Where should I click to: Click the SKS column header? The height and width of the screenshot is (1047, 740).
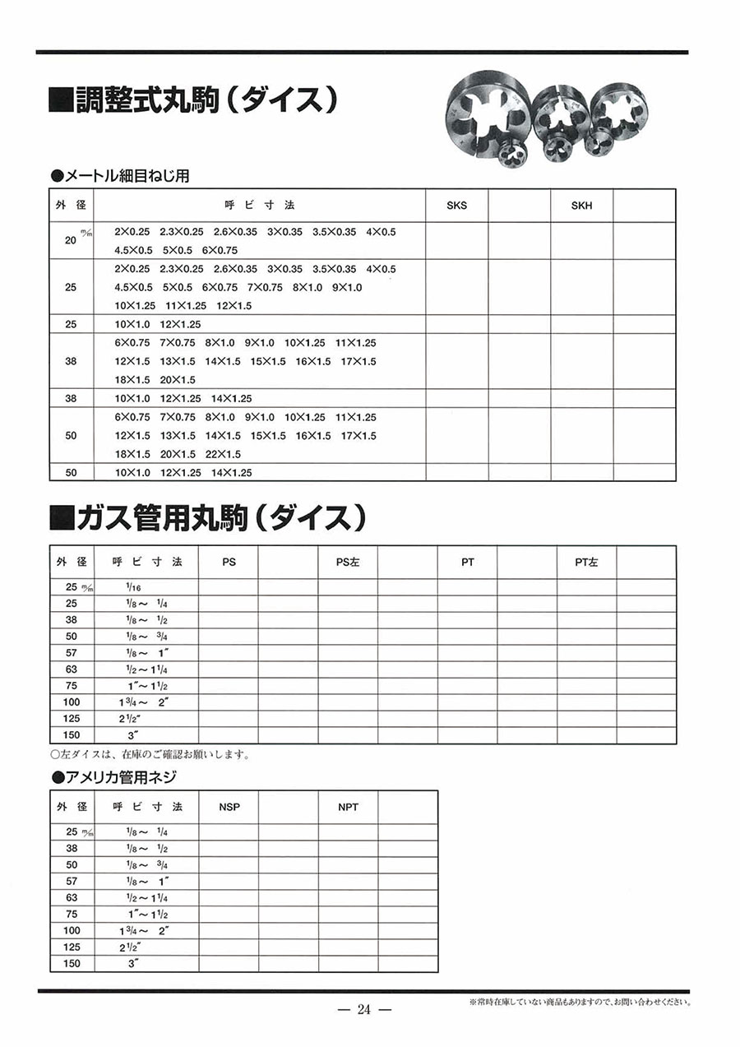pyautogui.click(x=456, y=206)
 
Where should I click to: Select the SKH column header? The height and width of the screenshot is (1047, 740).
pyautogui.click(x=581, y=206)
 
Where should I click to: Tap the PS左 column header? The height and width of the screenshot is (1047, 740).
pyautogui.click(x=348, y=563)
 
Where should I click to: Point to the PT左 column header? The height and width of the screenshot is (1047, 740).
pyautogui.click(x=586, y=563)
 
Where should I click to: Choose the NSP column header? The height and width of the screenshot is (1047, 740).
pyautogui.click(x=229, y=808)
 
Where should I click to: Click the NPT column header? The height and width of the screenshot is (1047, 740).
pyautogui.click(x=348, y=808)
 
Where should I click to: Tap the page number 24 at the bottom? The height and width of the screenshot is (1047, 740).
pyautogui.click(x=364, y=1010)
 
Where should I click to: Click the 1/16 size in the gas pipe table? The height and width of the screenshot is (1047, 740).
pyautogui.click(x=134, y=586)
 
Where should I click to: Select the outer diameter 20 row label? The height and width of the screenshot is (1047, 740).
pyautogui.click(x=71, y=240)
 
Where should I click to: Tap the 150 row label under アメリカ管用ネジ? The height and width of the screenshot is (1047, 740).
pyautogui.click(x=72, y=963)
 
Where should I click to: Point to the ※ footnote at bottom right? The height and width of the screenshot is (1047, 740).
pyautogui.click(x=579, y=1003)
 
